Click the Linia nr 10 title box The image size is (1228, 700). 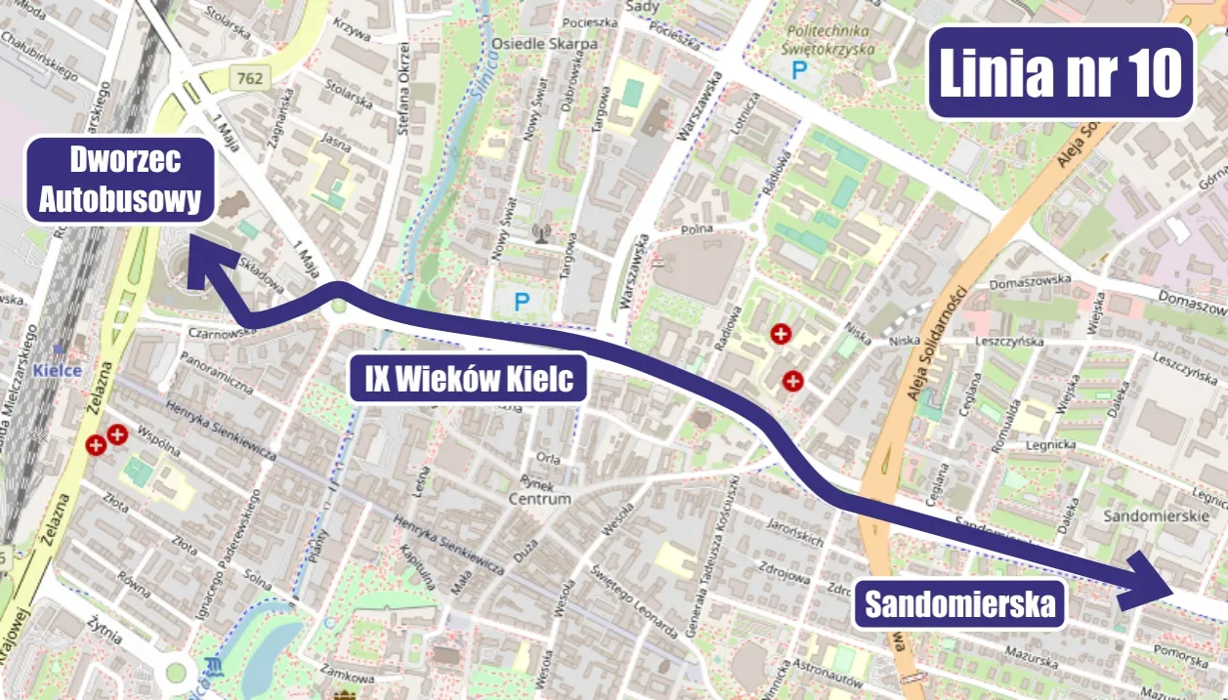(1060, 72)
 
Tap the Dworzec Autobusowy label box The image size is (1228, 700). (120, 180)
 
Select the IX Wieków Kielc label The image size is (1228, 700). (468, 379)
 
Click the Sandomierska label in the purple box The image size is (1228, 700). (958, 605)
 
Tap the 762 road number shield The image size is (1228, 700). (249, 77)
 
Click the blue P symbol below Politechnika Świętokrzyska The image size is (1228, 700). (800, 70)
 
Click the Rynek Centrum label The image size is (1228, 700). (539, 491)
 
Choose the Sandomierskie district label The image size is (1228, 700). (1155, 514)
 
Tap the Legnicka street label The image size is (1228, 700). (1051, 445)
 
